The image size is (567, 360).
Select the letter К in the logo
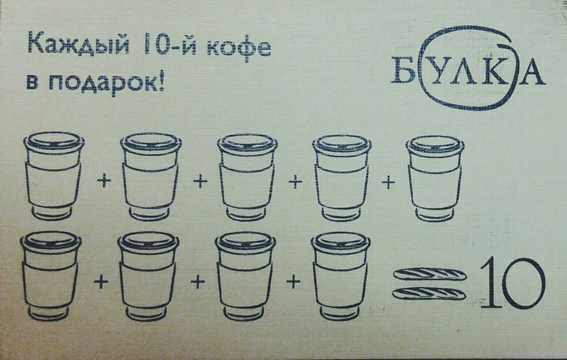point(492,73)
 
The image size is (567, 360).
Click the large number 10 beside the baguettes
point(511,283)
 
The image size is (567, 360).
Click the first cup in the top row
point(54,176)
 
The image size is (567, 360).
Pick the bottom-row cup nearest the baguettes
point(341,275)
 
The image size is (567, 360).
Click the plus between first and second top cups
point(102,181)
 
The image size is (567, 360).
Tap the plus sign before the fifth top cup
point(391,182)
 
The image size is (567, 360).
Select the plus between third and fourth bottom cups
point(293,282)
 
